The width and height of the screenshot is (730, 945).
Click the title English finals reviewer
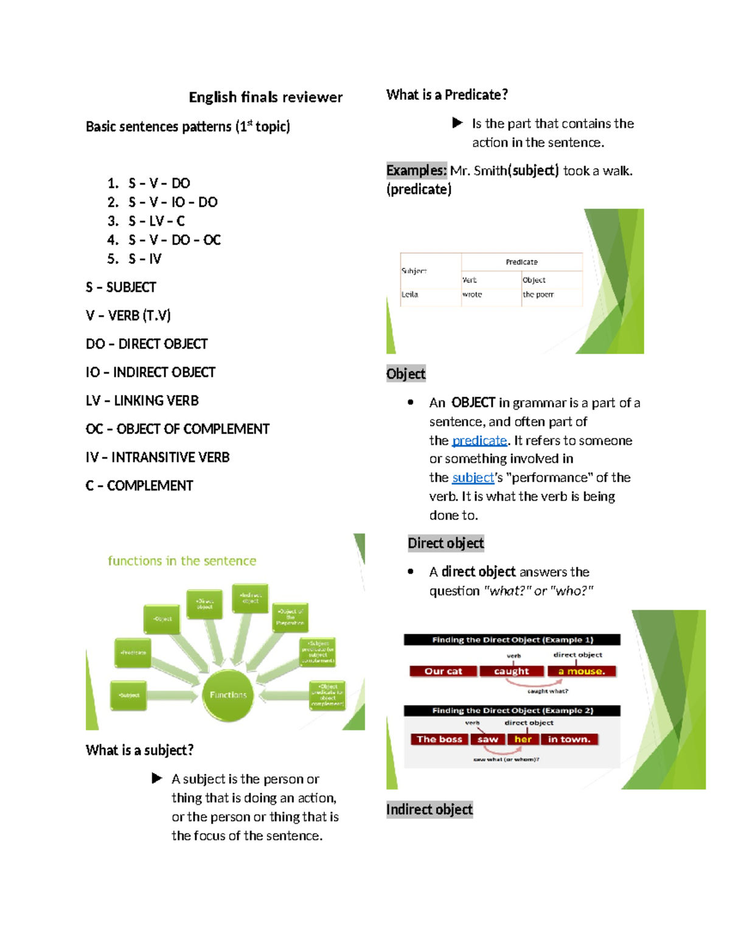coord(265,97)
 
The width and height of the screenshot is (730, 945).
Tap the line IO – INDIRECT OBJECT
coord(150,372)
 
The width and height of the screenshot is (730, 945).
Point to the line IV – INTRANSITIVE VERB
coord(158,458)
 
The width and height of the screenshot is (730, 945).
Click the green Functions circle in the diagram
coord(228,695)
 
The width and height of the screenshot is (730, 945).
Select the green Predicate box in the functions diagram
coord(133,652)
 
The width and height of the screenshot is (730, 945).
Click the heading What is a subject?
coord(139,750)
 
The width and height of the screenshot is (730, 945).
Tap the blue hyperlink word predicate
coord(479,441)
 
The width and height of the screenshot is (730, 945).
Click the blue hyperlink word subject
coord(473,478)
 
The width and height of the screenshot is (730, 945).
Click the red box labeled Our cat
coord(443,671)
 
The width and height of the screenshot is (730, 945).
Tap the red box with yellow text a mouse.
coord(582,671)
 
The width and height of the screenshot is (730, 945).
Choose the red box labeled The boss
coord(439,739)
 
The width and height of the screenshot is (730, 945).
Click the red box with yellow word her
coord(523,739)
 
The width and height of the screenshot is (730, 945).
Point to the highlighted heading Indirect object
coord(429,810)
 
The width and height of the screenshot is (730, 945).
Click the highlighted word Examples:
coord(416,170)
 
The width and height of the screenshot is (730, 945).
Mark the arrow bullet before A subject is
coord(157,778)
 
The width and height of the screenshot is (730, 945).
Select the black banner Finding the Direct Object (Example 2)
coord(512,711)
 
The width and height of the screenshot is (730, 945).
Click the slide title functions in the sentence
coord(182,561)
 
